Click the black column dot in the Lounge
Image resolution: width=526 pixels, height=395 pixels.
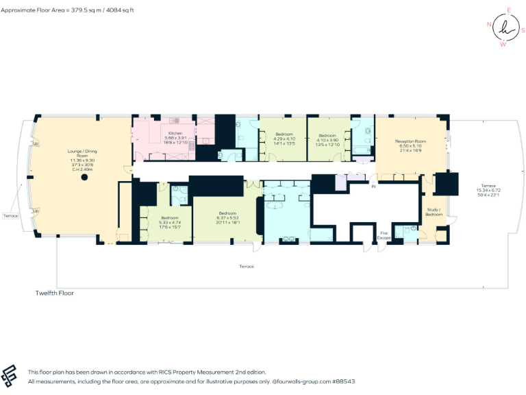click(x=85, y=177)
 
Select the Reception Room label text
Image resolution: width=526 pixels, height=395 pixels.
click(x=410, y=142)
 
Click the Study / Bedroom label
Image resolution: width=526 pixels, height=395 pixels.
click(x=434, y=212)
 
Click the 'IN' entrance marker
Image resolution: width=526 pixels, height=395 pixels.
click(x=374, y=186)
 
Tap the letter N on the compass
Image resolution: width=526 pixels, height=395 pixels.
click(x=489, y=24)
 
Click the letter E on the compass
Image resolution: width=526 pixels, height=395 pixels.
click(x=508, y=10)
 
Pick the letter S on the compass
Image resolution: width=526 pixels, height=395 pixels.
click(x=523, y=30)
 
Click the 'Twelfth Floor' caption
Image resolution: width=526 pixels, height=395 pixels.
click(x=54, y=293)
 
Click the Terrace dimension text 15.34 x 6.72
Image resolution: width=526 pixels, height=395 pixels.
click(x=488, y=191)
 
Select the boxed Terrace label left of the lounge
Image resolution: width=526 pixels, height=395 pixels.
click(x=10, y=215)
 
